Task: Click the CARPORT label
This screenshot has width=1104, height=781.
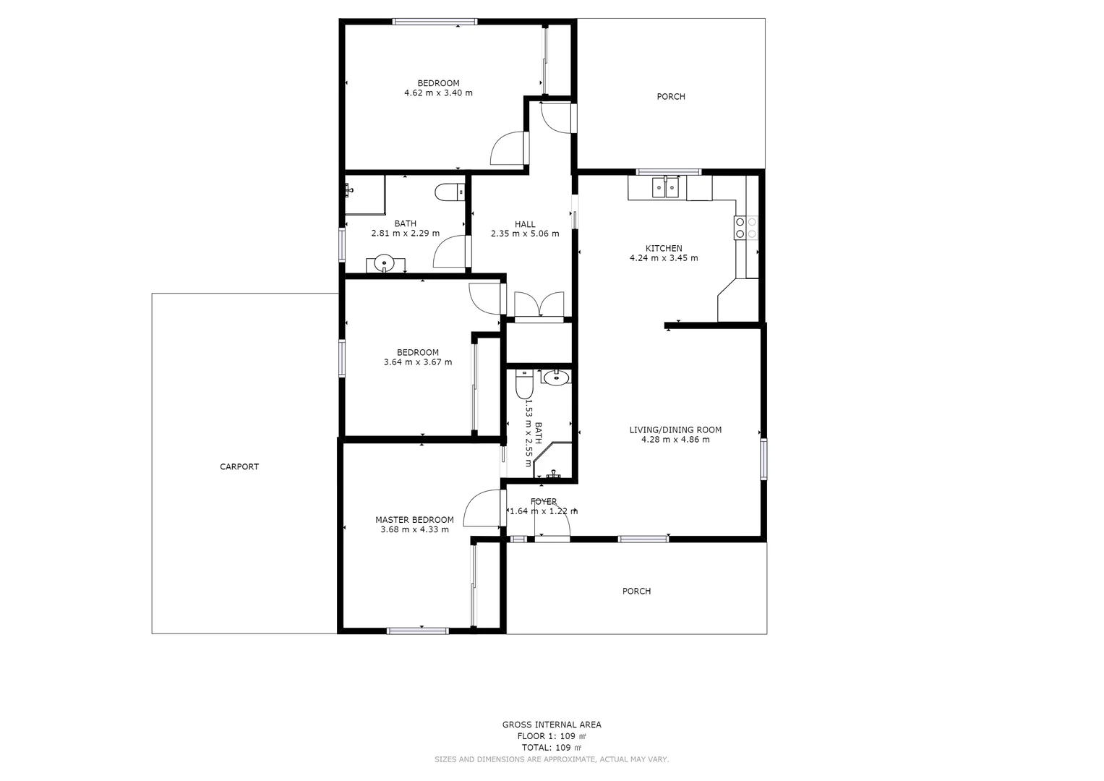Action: [x=239, y=466]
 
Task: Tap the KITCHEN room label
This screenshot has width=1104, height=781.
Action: [x=664, y=248]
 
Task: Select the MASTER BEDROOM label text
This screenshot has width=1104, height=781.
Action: [x=414, y=520]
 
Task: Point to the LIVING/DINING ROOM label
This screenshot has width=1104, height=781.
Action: [x=675, y=430]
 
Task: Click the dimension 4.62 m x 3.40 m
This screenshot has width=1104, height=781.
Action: [x=438, y=93]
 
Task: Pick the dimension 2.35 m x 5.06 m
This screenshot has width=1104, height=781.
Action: [x=525, y=234]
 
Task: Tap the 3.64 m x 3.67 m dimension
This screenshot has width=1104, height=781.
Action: [x=418, y=362]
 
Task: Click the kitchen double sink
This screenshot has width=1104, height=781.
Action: [x=665, y=187]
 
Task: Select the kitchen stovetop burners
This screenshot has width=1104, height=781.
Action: [x=746, y=228]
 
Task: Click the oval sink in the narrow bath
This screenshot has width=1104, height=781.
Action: [x=556, y=377]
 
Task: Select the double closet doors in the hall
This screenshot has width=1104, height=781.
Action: [x=539, y=304]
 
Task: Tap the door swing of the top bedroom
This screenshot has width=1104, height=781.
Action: [x=508, y=149]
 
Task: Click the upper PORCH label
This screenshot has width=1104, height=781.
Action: [x=670, y=96]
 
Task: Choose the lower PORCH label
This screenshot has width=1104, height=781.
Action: [x=636, y=591]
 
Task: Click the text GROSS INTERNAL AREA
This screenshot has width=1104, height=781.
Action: [x=552, y=725]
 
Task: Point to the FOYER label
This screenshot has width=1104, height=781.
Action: [x=544, y=501]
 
